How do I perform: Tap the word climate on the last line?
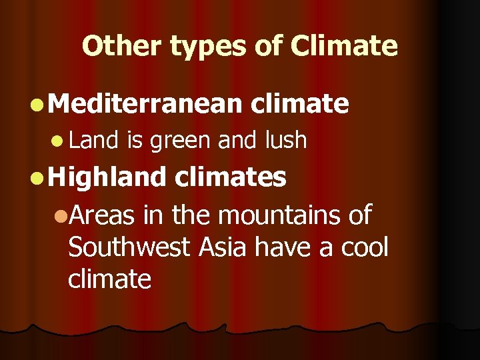[x=109, y=279]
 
